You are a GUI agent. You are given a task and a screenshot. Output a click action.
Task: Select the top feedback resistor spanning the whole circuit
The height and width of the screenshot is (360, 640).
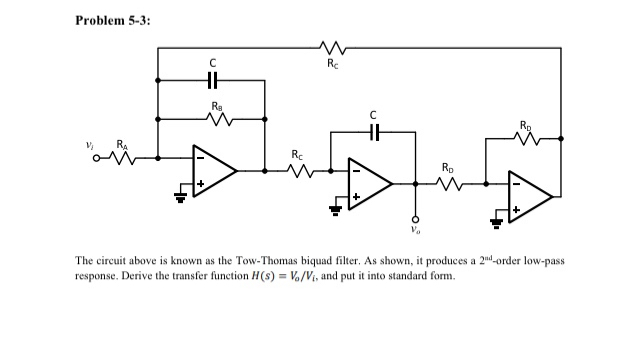coord(331,46)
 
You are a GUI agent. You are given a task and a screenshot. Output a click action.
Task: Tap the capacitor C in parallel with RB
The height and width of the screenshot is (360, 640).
coord(211,81)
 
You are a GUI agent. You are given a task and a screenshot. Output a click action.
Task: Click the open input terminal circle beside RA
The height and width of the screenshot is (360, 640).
coord(98,157)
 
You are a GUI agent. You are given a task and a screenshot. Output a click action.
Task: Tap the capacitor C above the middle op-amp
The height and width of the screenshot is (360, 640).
coord(374,130)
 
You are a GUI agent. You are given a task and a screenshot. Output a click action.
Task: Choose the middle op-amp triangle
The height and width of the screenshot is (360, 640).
coord(369,184)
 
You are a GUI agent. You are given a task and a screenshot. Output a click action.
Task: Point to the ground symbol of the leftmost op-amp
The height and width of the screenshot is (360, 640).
coord(182,196)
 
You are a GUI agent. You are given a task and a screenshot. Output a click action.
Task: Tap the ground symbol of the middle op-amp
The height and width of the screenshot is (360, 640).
coord(337,209)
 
